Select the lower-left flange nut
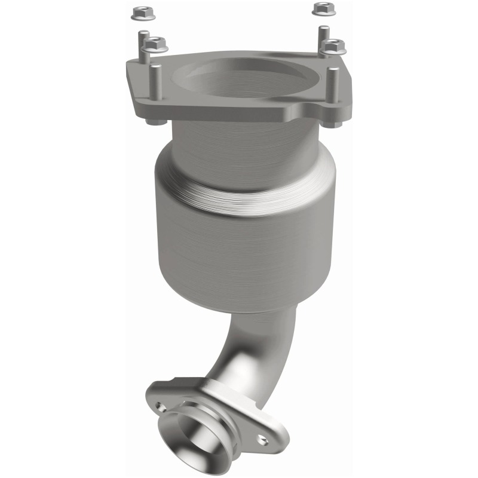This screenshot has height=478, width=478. (155, 44)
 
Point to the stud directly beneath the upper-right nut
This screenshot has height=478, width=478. (323, 37)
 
